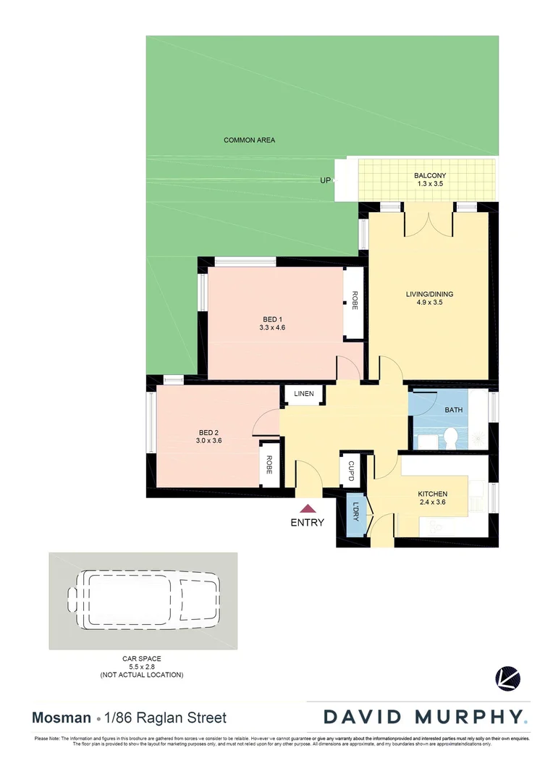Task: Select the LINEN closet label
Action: [304, 394]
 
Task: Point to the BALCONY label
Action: [430, 176]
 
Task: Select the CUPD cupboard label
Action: [351, 471]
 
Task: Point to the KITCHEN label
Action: [432, 494]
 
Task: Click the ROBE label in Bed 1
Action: [355, 300]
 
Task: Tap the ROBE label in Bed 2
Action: [269, 463]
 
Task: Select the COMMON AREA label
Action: [249, 140]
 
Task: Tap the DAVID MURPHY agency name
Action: [425, 718]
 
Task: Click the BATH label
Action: [454, 410]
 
